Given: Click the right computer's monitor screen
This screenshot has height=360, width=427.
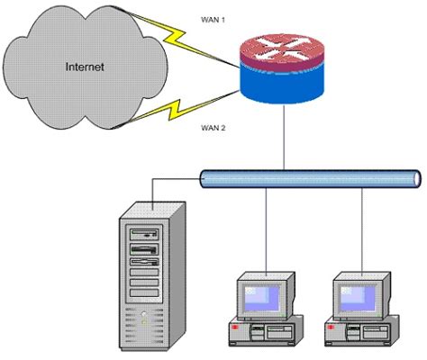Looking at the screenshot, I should (x=362, y=295).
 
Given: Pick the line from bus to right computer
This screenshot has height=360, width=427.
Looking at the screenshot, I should (x=363, y=229).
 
